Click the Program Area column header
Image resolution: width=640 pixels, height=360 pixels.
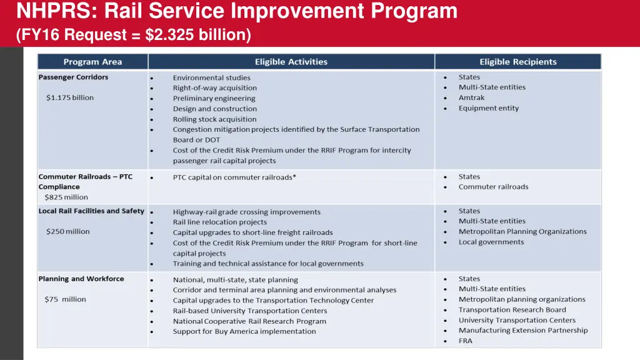coord(92,62)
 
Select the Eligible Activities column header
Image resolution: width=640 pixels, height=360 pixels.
coord(291,62)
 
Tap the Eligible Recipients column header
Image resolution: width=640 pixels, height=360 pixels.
coord(517,62)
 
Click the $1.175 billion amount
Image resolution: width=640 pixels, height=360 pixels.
coord(69,98)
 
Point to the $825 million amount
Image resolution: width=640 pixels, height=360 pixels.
coord(66,197)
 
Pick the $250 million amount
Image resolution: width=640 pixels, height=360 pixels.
coord(67,232)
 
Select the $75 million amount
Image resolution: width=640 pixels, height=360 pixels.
coord(65,299)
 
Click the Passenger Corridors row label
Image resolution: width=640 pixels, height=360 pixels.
coord(73,77)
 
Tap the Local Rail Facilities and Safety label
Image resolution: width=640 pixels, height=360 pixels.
coord(91,211)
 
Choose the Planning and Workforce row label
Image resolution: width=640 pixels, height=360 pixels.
coord(81,279)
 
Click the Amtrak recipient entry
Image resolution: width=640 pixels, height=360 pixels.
coord(471,98)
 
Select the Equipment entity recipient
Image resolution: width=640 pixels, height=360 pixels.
coord(488,108)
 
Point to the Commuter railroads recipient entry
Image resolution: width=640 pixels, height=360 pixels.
coord(493,187)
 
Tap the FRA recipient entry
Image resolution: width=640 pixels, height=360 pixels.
coord(465,341)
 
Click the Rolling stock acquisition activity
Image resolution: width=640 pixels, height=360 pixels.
coord(214,119)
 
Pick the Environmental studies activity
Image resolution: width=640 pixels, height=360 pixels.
coord(211,78)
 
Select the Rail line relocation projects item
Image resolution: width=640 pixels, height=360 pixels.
coord(219,222)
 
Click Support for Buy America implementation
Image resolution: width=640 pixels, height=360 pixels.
coord(244,331)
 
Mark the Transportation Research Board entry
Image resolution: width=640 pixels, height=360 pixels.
coord(512,310)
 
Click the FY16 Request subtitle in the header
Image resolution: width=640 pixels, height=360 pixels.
coord(134,36)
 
